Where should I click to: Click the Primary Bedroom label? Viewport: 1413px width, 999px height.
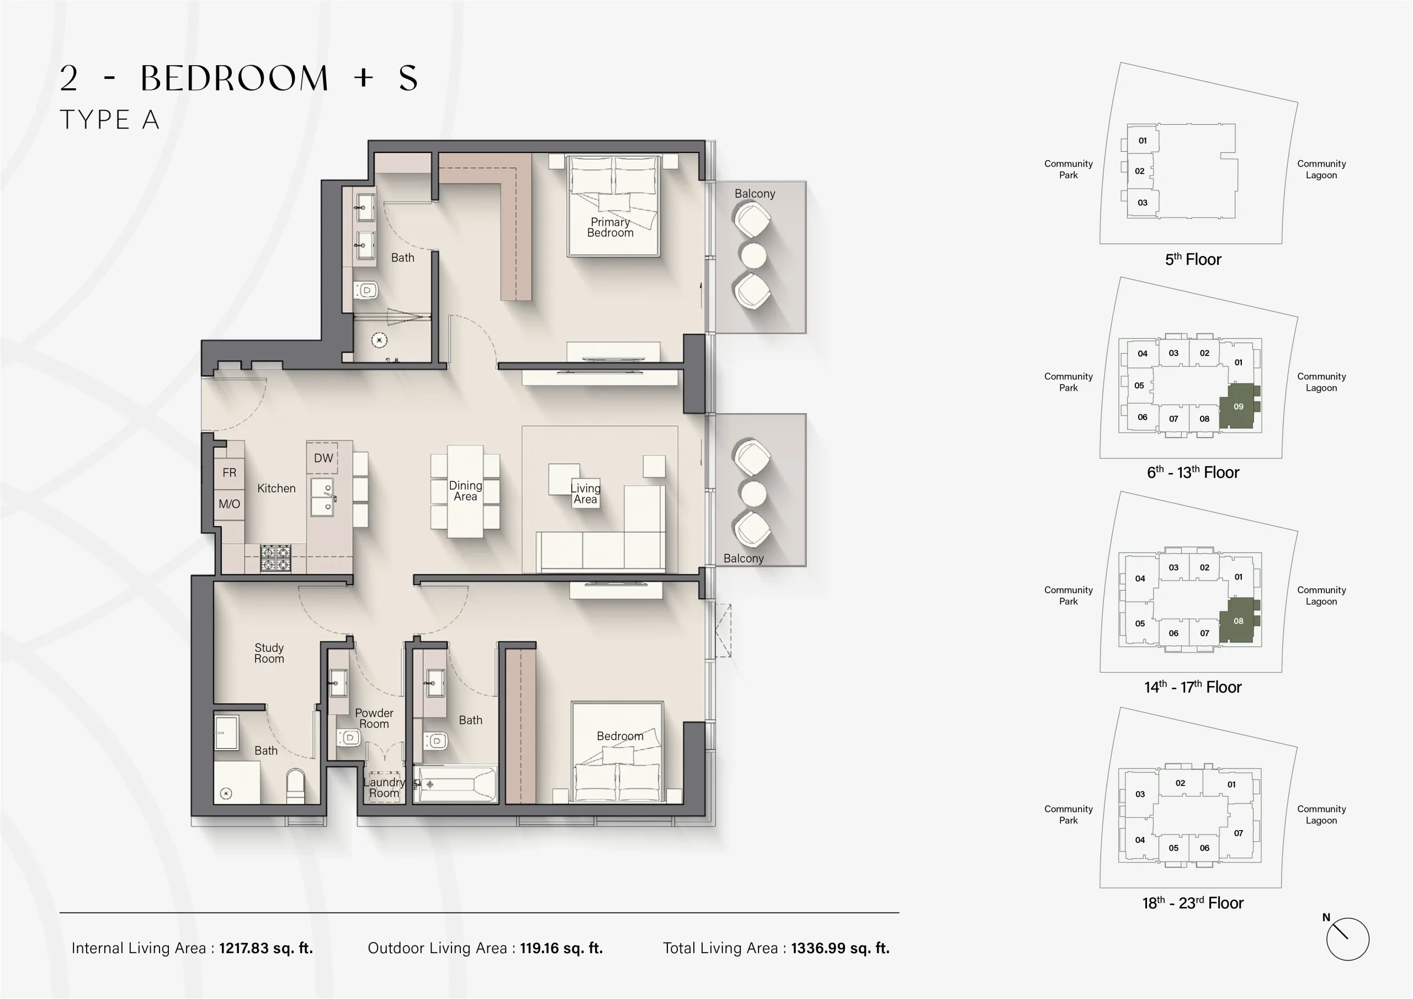610,227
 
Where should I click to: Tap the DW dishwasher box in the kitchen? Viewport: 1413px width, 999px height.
322,458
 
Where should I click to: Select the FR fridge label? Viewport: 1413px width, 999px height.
229,472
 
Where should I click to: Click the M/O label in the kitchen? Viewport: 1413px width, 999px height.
229,503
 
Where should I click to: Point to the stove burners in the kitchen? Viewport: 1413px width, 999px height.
275,557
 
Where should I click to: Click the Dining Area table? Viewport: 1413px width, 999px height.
465,491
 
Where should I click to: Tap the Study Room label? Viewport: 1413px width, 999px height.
269,652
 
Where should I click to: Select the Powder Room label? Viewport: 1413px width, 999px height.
374,718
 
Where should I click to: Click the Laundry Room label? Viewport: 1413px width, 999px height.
384,787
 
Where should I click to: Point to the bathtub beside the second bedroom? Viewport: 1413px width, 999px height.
455,784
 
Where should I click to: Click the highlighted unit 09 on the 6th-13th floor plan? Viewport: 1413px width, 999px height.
1238,406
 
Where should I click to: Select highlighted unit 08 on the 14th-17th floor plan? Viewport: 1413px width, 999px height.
1238,621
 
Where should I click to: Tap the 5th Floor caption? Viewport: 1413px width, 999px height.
1193,259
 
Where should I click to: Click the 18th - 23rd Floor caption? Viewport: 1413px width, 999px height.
1193,903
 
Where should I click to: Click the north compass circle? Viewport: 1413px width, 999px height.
1347,939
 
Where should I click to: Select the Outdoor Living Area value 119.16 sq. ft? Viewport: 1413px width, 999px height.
561,948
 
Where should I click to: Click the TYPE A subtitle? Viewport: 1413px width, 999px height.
109,119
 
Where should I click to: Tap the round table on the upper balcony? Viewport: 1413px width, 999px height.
753,256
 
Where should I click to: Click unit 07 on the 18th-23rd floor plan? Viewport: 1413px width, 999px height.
1238,833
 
